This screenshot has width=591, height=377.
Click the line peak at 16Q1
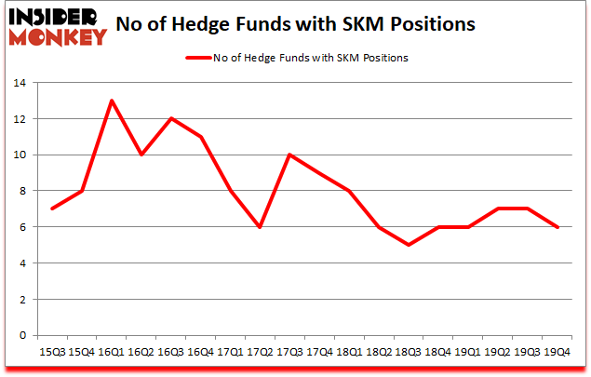112,101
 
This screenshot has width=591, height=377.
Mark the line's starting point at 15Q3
51,209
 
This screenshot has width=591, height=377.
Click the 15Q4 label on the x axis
81,352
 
